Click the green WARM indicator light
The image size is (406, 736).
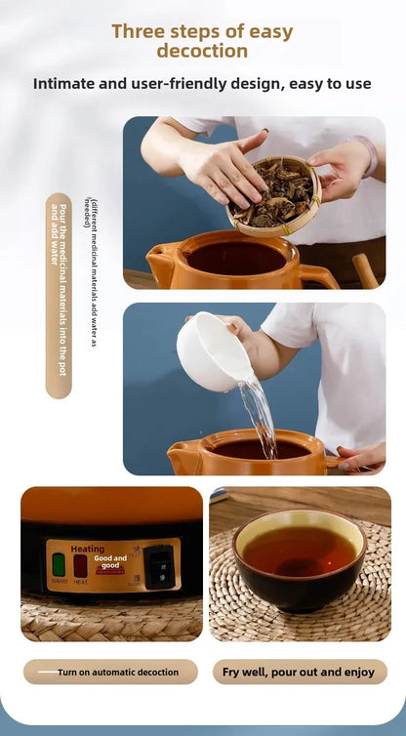point(58,564)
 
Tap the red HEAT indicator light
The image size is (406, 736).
point(80,564)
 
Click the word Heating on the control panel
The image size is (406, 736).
point(88,549)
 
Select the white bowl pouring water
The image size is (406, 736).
point(209,351)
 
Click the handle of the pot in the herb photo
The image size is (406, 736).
point(318,275)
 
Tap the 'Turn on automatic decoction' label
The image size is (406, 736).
point(110,672)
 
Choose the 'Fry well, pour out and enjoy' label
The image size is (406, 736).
point(299,672)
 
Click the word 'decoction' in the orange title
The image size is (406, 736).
point(202,51)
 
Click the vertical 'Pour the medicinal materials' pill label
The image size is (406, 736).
point(59,295)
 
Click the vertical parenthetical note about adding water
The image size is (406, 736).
point(91,272)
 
